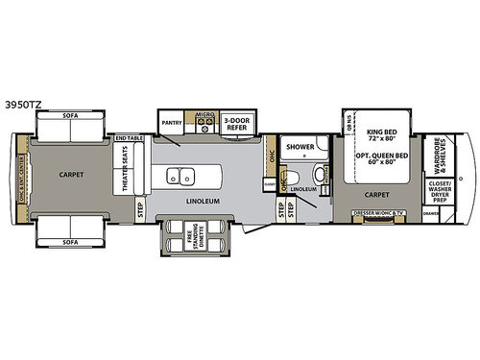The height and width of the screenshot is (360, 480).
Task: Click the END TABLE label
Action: click(128, 139)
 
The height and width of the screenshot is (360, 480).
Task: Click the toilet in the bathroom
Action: click(316, 179)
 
